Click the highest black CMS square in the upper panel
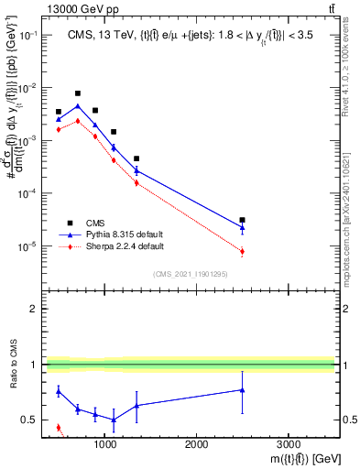click(x=78, y=93)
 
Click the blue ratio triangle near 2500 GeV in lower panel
click(x=242, y=390)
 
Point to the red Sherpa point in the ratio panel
click(x=59, y=427)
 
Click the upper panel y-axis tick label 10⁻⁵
click(x=28, y=246)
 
